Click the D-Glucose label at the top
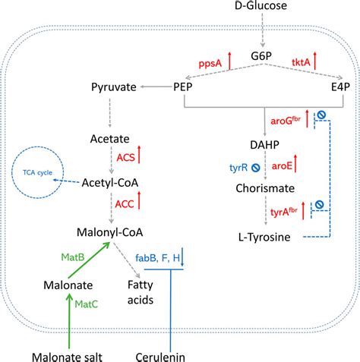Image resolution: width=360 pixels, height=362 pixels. pos(261,9)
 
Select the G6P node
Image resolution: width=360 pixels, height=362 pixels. pos(261,56)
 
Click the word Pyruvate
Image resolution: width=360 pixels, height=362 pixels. pos(112,87)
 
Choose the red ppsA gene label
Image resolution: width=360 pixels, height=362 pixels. pos(210,65)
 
